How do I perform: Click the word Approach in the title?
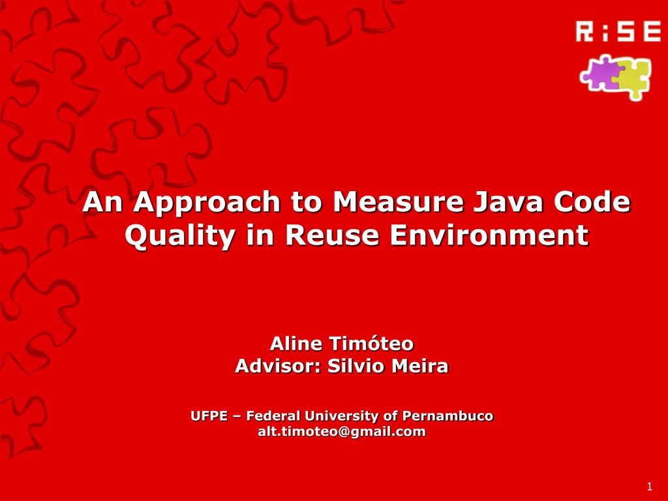click(207, 204)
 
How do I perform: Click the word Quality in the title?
click(180, 235)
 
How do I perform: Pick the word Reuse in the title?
click(332, 235)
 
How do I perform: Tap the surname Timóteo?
click(371, 343)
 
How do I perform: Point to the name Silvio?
click(356, 366)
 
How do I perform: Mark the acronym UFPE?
click(209, 416)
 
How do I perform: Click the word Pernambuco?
click(448, 416)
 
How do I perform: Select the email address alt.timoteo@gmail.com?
click(342, 432)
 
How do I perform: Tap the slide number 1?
click(650, 487)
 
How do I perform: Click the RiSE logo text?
click(618, 31)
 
